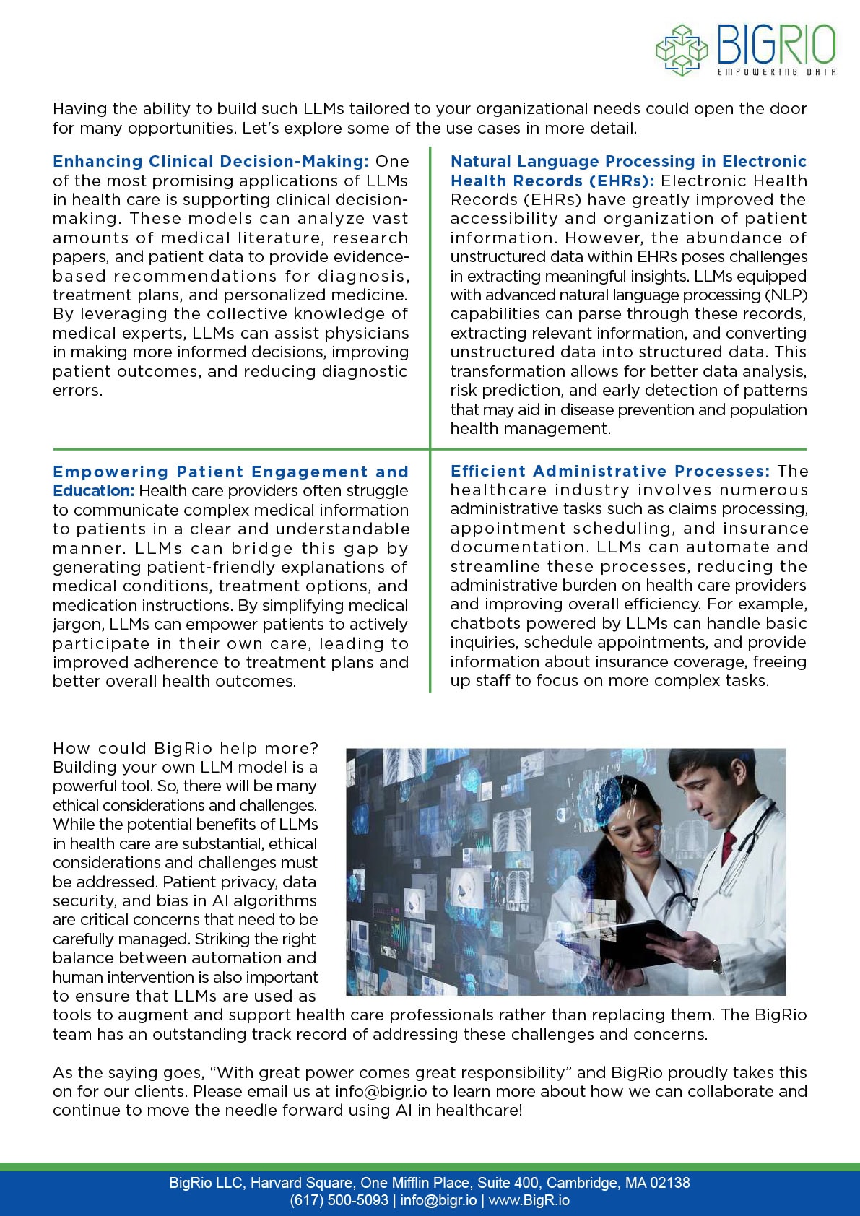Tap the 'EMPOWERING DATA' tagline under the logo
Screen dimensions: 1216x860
click(776, 72)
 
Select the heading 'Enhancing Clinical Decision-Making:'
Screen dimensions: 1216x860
click(211, 161)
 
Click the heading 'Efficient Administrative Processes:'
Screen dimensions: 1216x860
click(610, 471)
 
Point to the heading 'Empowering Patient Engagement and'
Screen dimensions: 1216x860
click(230, 472)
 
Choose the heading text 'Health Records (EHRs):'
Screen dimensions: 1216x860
click(552, 181)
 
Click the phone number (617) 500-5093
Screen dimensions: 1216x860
click(339, 1200)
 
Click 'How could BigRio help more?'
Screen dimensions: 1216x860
click(185, 748)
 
